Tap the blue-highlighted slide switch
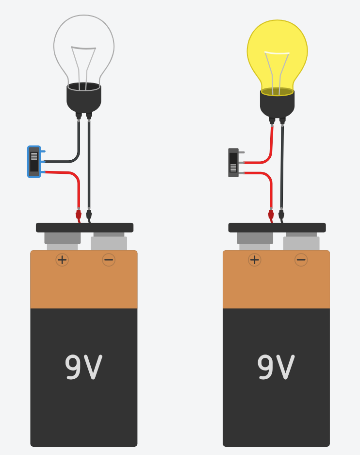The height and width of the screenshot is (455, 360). click(34, 162)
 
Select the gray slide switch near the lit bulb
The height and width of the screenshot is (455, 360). click(233, 163)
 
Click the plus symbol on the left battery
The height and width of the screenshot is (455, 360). click(62, 260)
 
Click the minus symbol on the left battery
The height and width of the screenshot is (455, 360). click(109, 260)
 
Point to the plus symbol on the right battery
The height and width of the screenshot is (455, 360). click(255, 260)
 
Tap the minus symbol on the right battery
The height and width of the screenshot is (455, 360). click(301, 260)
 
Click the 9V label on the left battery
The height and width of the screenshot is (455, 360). click(83, 368)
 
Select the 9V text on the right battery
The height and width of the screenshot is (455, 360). click(276, 368)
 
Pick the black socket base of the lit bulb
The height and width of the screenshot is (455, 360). click(277, 103)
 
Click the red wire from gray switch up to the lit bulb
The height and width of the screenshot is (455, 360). click(271, 146)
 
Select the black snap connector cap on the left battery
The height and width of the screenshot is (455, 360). click(84, 227)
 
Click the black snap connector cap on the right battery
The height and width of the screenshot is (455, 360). click(277, 227)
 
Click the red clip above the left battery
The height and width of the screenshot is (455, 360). click(78, 214)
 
